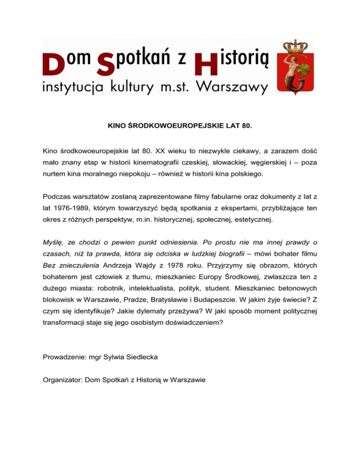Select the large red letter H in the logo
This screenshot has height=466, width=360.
[x=206, y=63]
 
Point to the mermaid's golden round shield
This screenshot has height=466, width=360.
[x=307, y=63]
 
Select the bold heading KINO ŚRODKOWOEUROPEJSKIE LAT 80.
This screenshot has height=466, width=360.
[x=180, y=126]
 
